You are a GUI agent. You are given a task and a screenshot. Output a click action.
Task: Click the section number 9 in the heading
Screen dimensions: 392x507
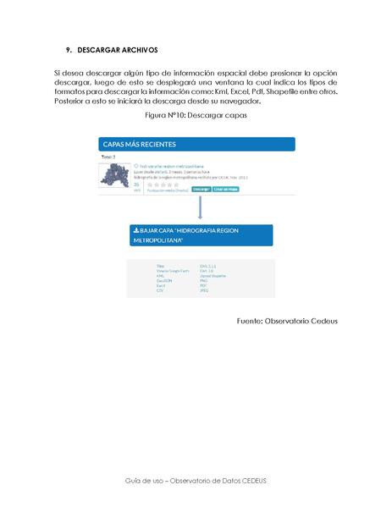(x=69, y=51)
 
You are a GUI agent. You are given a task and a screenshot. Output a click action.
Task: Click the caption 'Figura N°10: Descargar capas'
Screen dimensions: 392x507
(x=196, y=114)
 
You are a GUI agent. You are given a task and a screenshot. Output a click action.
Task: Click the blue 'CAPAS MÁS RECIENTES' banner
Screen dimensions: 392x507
(x=196, y=144)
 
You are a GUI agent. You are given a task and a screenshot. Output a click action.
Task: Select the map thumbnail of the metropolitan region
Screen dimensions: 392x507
(x=113, y=176)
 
